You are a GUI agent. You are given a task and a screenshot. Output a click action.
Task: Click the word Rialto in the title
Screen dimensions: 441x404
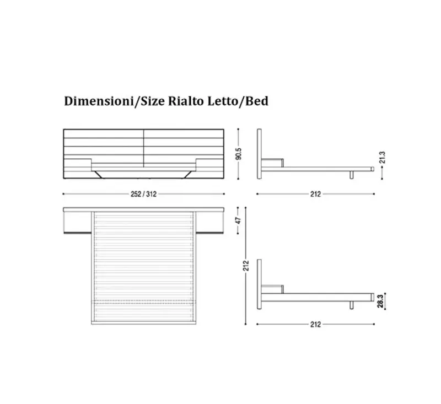pos(186,101)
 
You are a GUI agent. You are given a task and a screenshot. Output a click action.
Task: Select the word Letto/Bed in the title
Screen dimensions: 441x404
pos(238,101)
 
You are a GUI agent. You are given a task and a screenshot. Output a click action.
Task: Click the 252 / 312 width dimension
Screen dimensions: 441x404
pos(143,194)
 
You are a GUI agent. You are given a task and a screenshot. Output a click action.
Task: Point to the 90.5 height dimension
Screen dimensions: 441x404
pos(239,154)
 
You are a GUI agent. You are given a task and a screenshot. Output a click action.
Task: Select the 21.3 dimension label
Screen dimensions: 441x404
pos(382,158)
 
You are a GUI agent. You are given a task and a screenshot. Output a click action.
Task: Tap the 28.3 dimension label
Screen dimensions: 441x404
pos(380,301)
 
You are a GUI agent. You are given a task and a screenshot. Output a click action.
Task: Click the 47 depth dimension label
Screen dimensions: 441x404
pos(239,220)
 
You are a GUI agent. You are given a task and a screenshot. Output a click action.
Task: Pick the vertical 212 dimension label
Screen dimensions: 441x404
pos(246,266)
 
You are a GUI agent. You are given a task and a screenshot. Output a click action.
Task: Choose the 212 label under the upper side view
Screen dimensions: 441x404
pos(315,194)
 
